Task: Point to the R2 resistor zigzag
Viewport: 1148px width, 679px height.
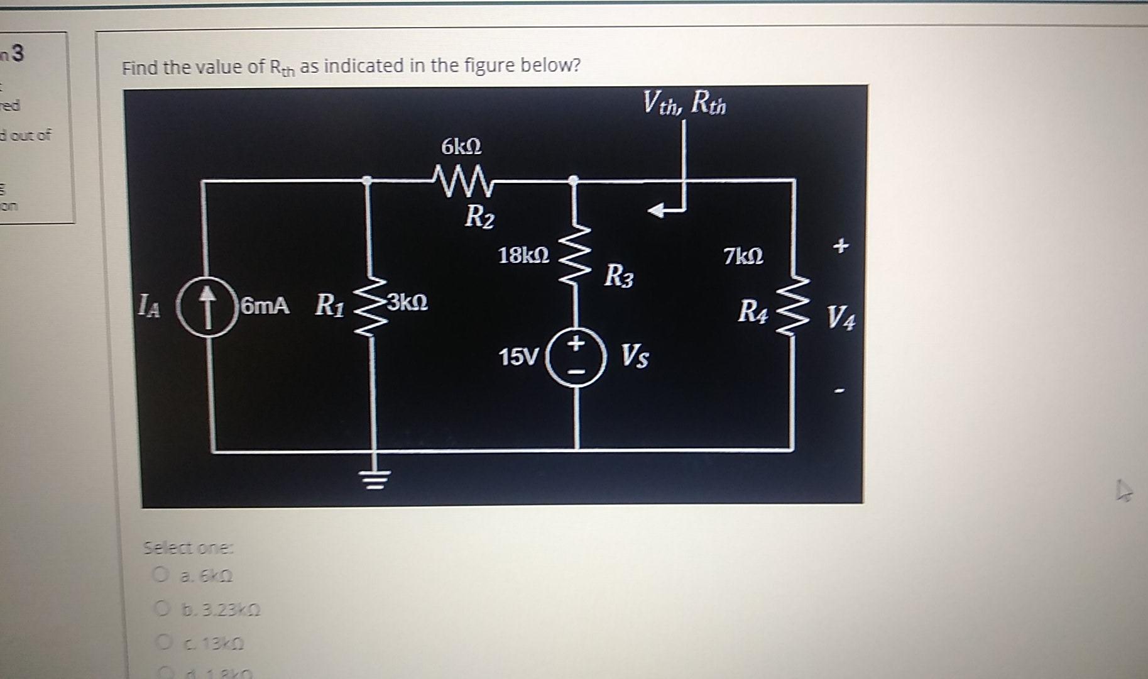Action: pos(464,180)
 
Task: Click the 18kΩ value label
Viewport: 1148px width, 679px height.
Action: pos(523,256)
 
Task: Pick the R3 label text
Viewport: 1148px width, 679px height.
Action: pos(619,276)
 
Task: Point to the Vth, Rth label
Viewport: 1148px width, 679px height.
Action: pos(684,102)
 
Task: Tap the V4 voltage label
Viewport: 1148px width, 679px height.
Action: pos(840,317)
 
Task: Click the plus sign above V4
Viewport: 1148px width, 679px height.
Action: pos(841,247)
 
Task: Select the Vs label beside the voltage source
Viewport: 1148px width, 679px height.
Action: pos(635,356)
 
